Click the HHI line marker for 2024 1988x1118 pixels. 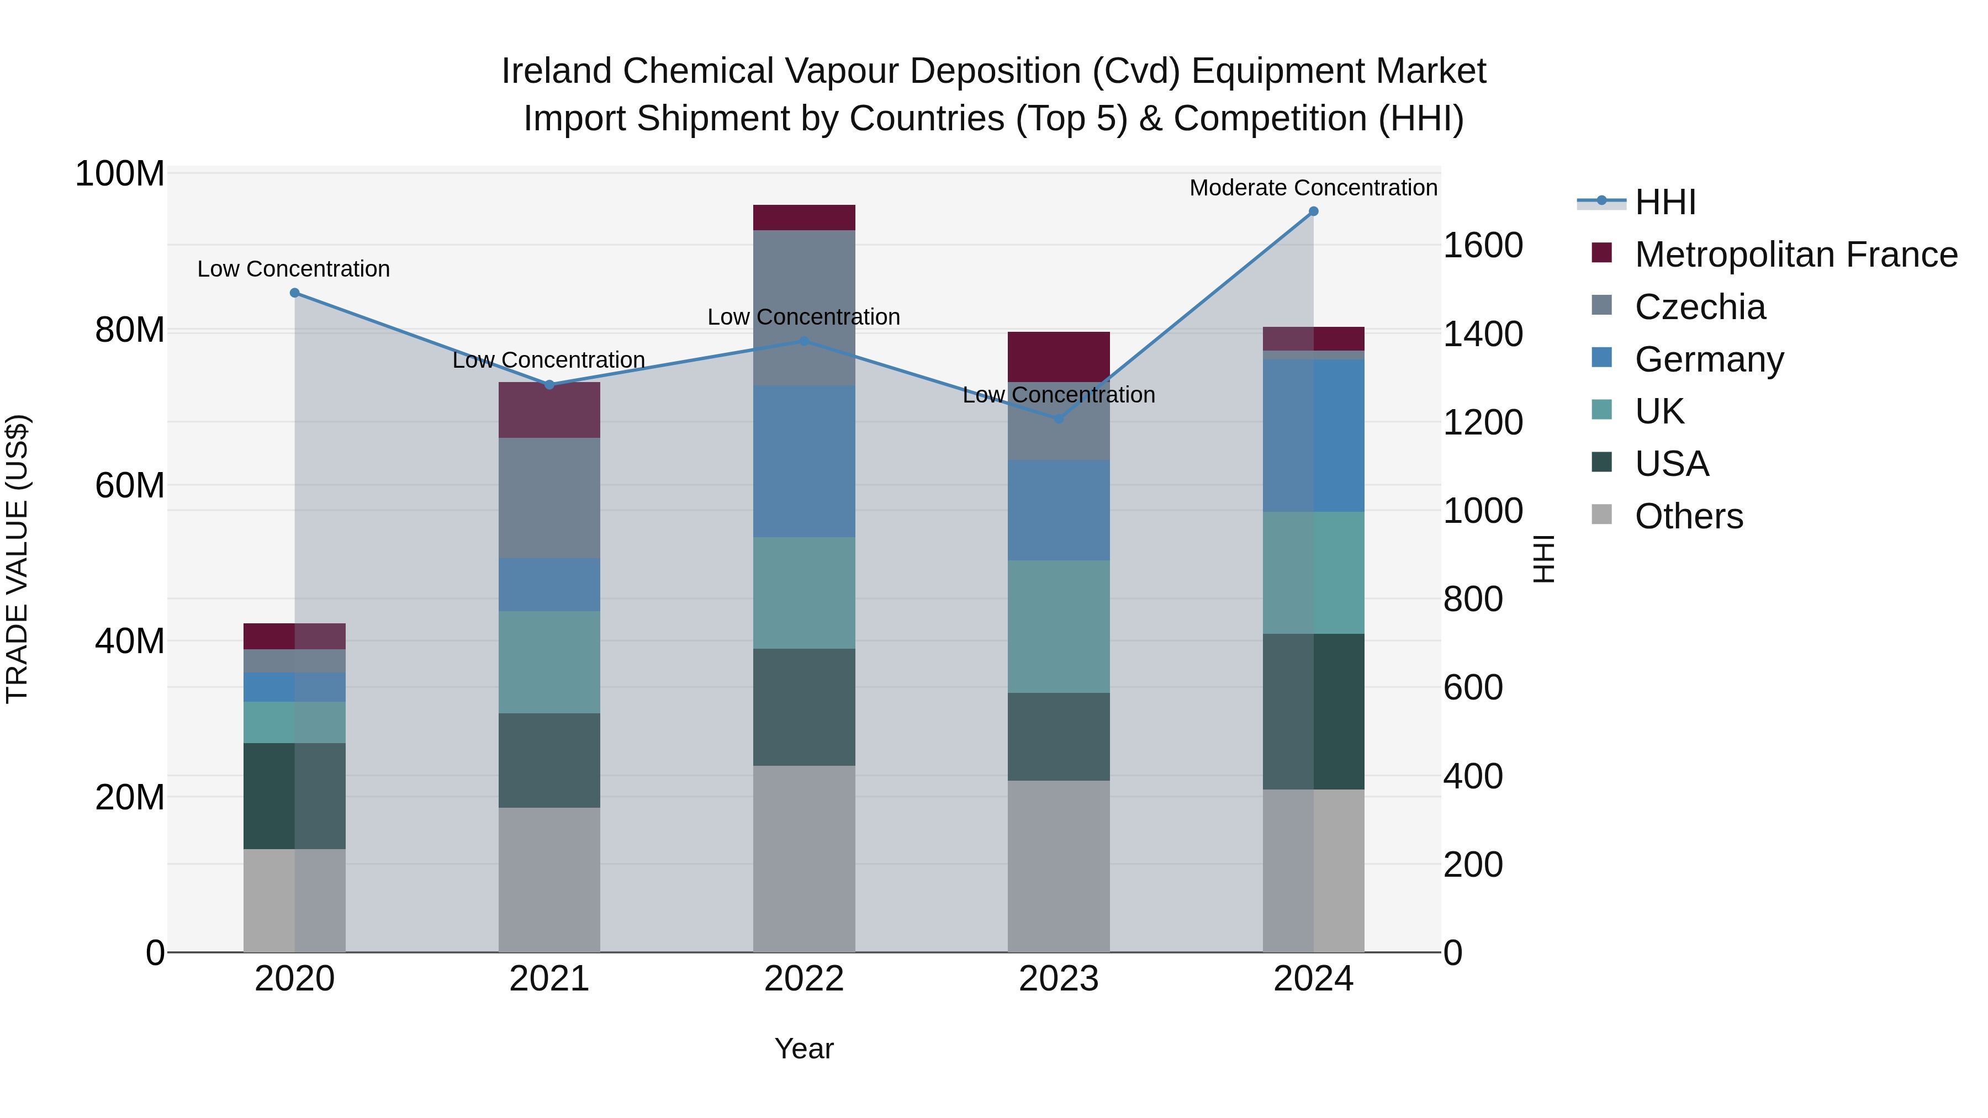(1314, 211)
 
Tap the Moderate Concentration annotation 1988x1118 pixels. (1314, 188)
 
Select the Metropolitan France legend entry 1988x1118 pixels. (1796, 255)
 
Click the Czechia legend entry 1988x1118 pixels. (1700, 307)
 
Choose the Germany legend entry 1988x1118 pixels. (1709, 359)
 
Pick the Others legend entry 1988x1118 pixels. (1689, 516)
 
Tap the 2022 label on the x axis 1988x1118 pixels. (804, 979)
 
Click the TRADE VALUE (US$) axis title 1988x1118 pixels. (18, 559)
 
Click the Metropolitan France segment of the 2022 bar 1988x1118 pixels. (804, 218)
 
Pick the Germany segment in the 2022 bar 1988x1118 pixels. (804, 462)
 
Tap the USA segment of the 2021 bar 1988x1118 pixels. (549, 760)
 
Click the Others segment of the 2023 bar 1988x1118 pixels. (1059, 866)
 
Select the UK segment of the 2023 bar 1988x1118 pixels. (1059, 627)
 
